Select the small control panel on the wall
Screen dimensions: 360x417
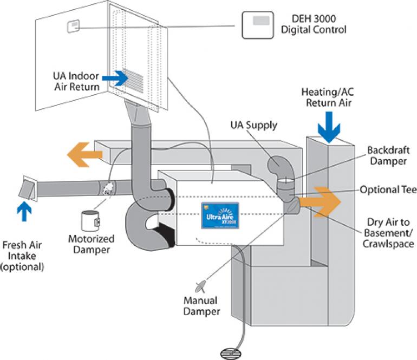point(73,27)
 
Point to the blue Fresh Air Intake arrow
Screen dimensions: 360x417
point(22,211)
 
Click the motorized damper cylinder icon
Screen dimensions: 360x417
point(89,219)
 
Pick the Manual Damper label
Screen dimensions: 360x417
point(201,306)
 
